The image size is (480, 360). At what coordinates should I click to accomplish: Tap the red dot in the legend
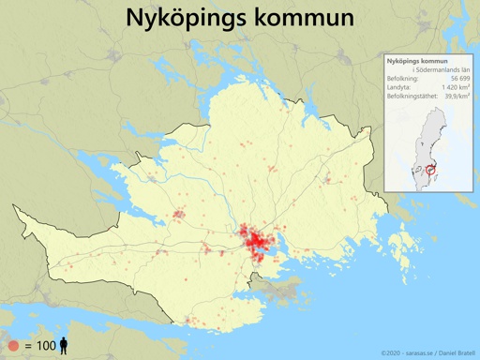pos(12,346)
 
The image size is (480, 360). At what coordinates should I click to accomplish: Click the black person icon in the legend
pos(65,346)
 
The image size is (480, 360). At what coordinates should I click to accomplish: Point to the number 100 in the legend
pos(46,346)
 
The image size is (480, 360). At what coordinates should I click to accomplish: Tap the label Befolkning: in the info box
pos(403,78)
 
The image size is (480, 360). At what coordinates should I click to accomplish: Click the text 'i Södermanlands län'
pos(441,69)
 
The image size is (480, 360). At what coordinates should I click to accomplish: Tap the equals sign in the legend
pos(28,346)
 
